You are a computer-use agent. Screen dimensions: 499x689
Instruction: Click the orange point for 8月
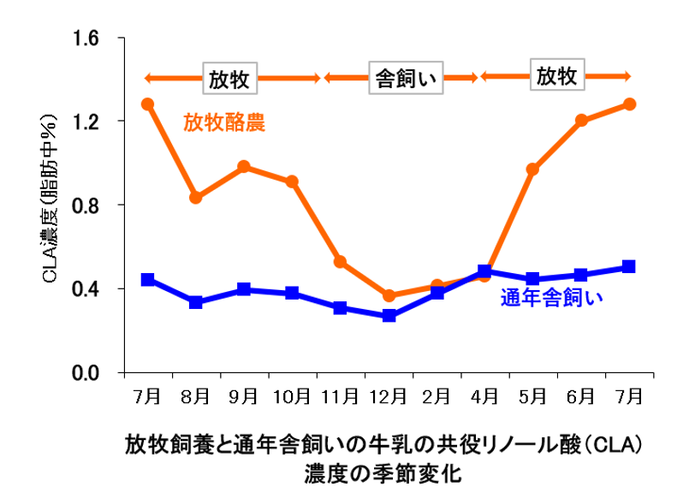pyautogui.click(x=196, y=198)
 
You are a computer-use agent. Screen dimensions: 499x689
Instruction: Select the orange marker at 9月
pyautogui.click(x=244, y=166)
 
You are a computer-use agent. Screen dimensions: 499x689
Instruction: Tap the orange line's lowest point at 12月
pyautogui.click(x=389, y=296)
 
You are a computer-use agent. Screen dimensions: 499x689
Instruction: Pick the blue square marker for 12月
pyautogui.click(x=389, y=315)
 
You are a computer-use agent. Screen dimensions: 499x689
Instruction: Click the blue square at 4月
pyautogui.click(x=484, y=271)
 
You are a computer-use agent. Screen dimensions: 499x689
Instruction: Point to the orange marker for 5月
pyautogui.click(x=532, y=169)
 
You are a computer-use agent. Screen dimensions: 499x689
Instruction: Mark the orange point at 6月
pyautogui.click(x=581, y=121)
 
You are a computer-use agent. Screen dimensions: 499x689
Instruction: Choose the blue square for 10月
pyautogui.click(x=293, y=293)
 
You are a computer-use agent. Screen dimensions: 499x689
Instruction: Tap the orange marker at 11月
pyautogui.click(x=341, y=261)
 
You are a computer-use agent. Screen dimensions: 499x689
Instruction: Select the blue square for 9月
pyautogui.click(x=244, y=289)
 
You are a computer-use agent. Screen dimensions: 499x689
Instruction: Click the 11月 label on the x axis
pyautogui.click(x=341, y=396)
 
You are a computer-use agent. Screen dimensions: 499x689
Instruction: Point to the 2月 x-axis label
pyautogui.click(x=437, y=396)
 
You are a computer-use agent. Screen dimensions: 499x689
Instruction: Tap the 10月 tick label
pyautogui.click(x=293, y=396)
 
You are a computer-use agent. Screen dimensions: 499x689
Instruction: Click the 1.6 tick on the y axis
pyautogui.click(x=88, y=39)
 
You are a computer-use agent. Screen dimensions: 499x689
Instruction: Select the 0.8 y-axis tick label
pyautogui.click(x=88, y=205)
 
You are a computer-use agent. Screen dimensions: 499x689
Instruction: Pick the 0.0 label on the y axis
pyautogui.click(x=88, y=373)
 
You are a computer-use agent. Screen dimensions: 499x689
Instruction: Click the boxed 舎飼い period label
pyautogui.click(x=401, y=78)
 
